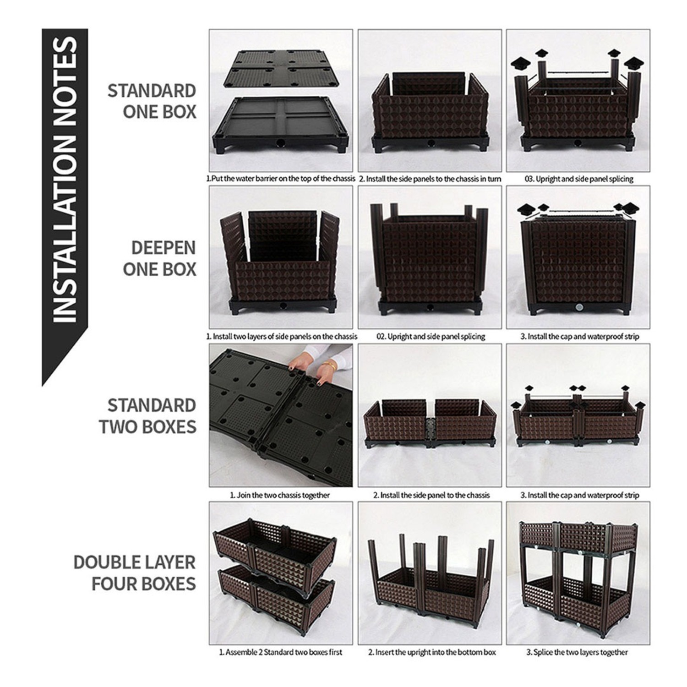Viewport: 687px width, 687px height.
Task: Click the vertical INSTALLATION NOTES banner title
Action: pyautogui.click(x=64, y=179)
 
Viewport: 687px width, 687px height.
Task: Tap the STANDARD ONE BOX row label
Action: pyautogui.click(x=152, y=101)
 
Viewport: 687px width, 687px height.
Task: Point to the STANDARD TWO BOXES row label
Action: pyautogui.click(x=148, y=416)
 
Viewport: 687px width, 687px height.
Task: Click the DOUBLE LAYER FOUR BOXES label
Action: pyautogui.click(x=135, y=573)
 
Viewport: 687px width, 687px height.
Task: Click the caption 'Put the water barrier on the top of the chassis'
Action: pyautogui.click(x=281, y=179)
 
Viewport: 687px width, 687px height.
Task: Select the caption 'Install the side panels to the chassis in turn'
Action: pyautogui.click(x=430, y=179)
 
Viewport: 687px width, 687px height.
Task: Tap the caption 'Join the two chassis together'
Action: pyautogui.click(x=280, y=495)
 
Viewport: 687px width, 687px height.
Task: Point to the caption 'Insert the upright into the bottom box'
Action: pyautogui.click(x=432, y=652)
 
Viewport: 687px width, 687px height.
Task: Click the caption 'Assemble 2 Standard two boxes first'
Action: pyautogui.click(x=280, y=652)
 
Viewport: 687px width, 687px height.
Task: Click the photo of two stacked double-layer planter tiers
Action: pyautogui.click(x=578, y=572)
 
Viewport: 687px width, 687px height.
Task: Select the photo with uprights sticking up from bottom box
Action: pyautogui.click(x=430, y=572)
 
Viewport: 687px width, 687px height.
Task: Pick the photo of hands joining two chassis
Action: pyautogui.click(x=281, y=415)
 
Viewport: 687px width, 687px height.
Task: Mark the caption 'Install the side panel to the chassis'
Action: pyautogui.click(x=431, y=495)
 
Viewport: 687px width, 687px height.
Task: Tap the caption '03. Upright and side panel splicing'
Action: pyautogui.click(x=579, y=179)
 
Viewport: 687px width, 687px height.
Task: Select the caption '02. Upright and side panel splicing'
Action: pyautogui.click(x=431, y=337)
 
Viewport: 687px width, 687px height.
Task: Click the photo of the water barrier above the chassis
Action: pyautogui.click(x=281, y=100)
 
